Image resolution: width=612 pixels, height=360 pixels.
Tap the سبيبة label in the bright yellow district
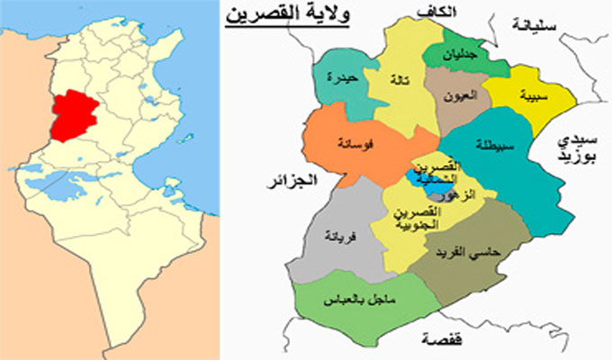click(x=519, y=94)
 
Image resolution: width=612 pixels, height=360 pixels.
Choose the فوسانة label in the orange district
click(x=350, y=142)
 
